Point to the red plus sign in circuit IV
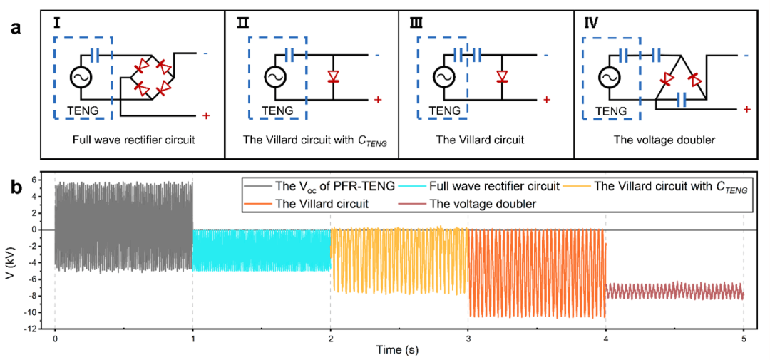[x=746, y=109]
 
